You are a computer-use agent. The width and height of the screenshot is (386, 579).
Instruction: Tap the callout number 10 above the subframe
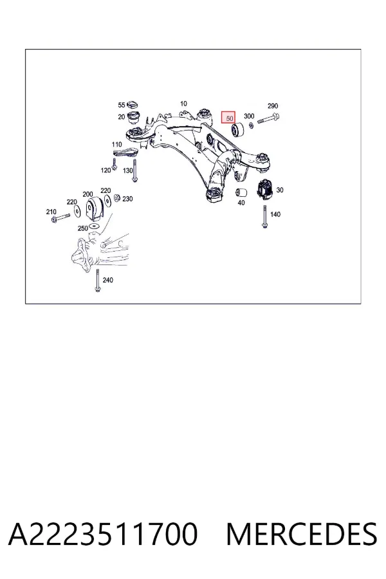pos(183,104)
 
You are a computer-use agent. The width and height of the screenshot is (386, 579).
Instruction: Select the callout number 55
pos(122,105)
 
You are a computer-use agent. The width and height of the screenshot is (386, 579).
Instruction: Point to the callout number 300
pos(249,116)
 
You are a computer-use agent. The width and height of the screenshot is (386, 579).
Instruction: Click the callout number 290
pos(273,106)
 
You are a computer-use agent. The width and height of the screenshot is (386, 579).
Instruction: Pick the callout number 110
pos(116,144)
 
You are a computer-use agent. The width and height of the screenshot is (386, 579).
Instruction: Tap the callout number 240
pos(108,280)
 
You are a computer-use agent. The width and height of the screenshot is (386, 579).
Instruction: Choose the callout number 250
pos(83,228)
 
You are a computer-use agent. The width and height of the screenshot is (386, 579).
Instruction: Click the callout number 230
pos(127,199)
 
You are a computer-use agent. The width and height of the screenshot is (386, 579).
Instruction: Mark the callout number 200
pos(87,194)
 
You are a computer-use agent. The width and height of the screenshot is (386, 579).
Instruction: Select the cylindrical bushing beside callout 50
pos(236,129)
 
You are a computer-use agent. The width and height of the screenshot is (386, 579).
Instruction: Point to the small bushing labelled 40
pos(241,192)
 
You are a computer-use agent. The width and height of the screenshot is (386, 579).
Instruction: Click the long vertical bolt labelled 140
pos(264,217)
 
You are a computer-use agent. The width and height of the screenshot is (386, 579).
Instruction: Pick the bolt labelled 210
pos(61,217)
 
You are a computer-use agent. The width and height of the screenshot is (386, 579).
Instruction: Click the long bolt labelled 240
pos(97,281)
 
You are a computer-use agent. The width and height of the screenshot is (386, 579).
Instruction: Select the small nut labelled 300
pos(251,125)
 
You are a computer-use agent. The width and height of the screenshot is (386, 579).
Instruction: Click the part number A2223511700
pos(103,534)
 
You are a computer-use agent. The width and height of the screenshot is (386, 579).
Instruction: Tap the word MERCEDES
pos(302,534)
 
